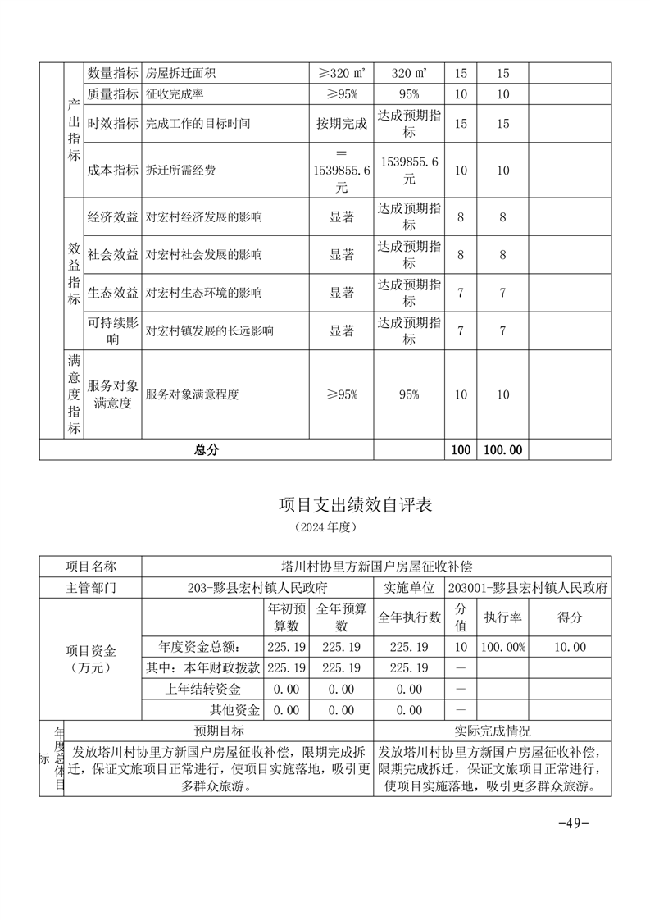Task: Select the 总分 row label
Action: (x=207, y=450)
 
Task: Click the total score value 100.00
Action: (x=503, y=450)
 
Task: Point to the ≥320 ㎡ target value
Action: (x=342, y=73)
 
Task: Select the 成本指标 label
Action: (x=113, y=171)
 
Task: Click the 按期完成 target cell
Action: (x=342, y=124)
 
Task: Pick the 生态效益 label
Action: (x=113, y=293)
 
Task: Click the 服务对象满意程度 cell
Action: (x=193, y=394)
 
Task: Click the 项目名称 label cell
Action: (x=91, y=567)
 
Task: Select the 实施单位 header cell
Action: (x=409, y=588)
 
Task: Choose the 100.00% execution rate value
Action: (x=503, y=647)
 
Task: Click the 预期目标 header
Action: (x=218, y=731)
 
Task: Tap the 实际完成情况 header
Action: (x=493, y=731)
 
